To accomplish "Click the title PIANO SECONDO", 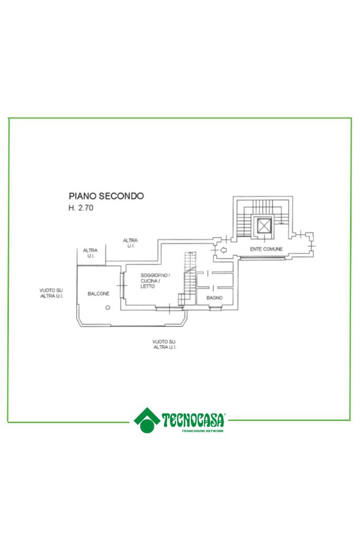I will pyautogui.click(x=106, y=196).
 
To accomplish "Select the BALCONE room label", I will pyautogui.click(x=99, y=293).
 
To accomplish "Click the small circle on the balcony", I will pyautogui.click(x=108, y=308).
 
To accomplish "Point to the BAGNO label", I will pyautogui.click(x=215, y=298).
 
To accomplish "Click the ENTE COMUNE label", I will pyautogui.click(x=266, y=249).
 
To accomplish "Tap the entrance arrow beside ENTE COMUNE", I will pyautogui.click(x=223, y=250).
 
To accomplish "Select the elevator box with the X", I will pyautogui.click(x=263, y=227).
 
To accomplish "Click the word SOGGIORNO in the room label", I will pyautogui.click(x=153, y=276).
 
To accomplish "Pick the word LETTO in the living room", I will pyautogui.click(x=148, y=286).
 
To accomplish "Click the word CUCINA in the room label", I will pyautogui.click(x=149, y=281).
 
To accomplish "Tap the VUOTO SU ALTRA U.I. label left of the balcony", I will pyautogui.click(x=51, y=293).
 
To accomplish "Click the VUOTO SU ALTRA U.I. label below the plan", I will pyautogui.click(x=164, y=345).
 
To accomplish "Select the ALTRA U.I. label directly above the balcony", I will pyautogui.click(x=90, y=253).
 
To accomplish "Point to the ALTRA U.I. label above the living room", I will pyautogui.click(x=130, y=243).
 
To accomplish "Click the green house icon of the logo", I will pyautogui.click(x=147, y=419).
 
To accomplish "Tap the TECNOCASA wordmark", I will pyautogui.click(x=194, y=420).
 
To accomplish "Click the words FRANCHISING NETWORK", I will pyautogui.click(x=202, y=431).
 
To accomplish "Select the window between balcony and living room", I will pyautogui.click(x=122, y=286).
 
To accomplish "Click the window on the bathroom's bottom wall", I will pyautogui.click(x=215, y=308).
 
